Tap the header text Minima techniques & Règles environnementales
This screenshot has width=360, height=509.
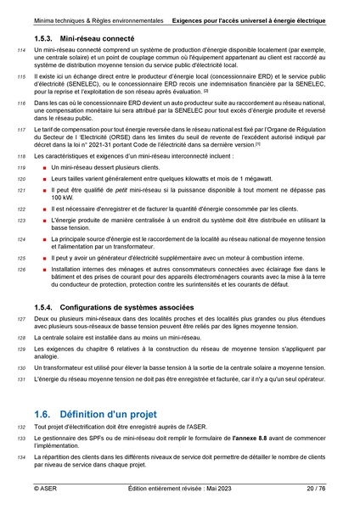[x=92, y=18]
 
